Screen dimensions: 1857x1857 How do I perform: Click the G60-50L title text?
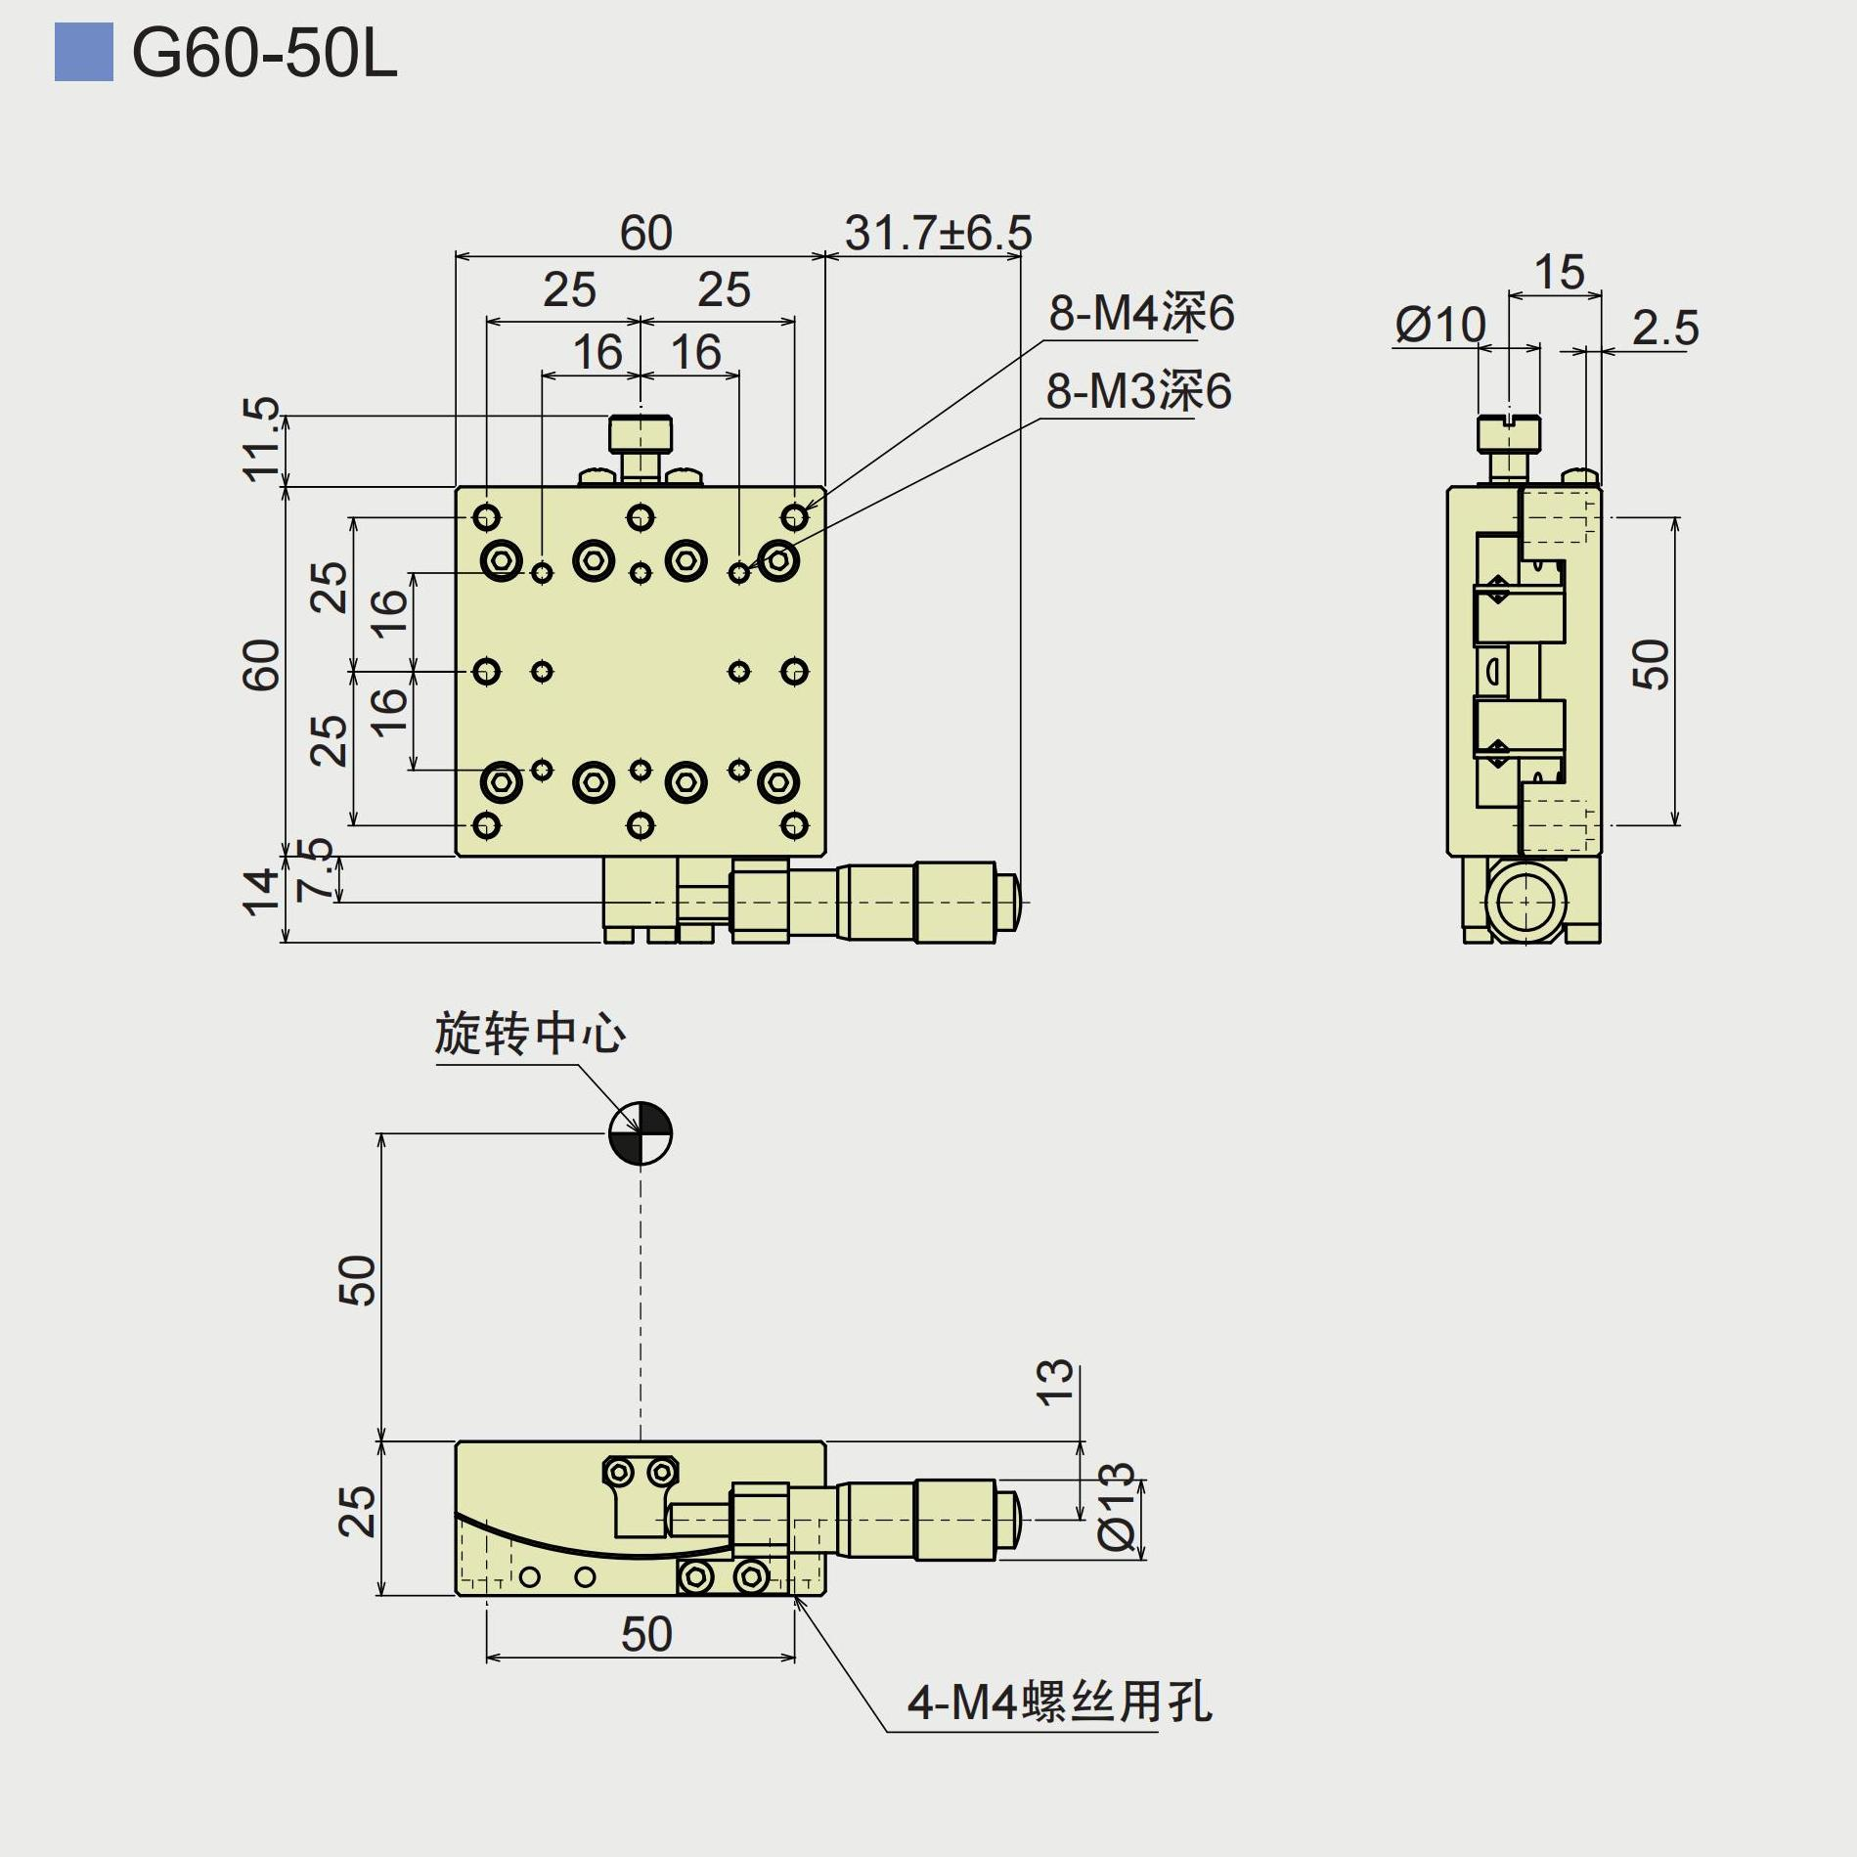point(264,54)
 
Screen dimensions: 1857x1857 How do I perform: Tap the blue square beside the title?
point(83,54)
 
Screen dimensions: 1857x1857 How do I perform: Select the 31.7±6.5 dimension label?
point(938,234)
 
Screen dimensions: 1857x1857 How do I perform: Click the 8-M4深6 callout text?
point(1141,314)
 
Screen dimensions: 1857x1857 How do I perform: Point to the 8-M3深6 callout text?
point(1138,392)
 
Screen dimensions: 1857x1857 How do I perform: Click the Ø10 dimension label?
point(1440,326)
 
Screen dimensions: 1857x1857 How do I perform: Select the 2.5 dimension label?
point(1664,329)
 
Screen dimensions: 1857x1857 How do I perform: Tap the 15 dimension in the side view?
point(1558,273)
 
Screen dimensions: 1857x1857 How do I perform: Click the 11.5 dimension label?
point(261,439)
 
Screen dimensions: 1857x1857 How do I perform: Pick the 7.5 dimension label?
point(315,869)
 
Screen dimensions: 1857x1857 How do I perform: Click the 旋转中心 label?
point(530,1035)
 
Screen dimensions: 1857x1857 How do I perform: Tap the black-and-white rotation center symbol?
point(641,1134)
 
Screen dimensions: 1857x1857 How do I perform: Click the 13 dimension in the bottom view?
point(1054,1383)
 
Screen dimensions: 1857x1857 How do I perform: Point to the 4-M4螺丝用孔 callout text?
point(1059,1702)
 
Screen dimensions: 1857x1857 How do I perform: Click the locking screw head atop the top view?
point(641,432)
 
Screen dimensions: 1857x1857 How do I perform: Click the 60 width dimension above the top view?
point(645,234)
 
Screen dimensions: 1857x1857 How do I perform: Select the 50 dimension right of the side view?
point(1651,665)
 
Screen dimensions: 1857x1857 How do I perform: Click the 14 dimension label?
point(260,892)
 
